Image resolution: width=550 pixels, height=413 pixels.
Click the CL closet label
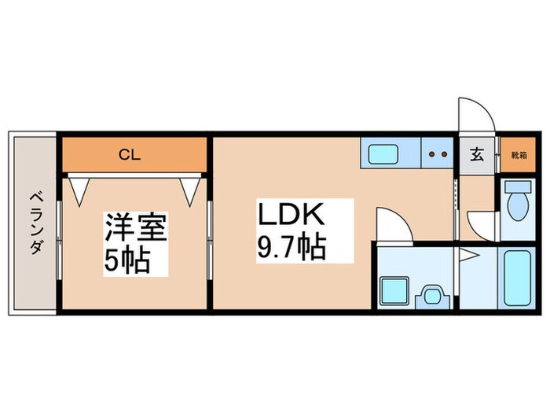[x=130, y=155]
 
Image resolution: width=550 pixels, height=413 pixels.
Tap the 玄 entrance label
[x=477, y=154]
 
